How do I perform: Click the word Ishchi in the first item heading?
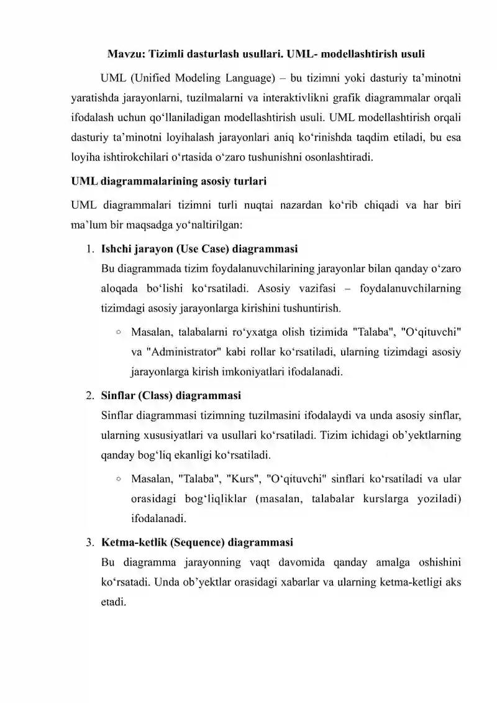pyautogui.click(x=116, y=250)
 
